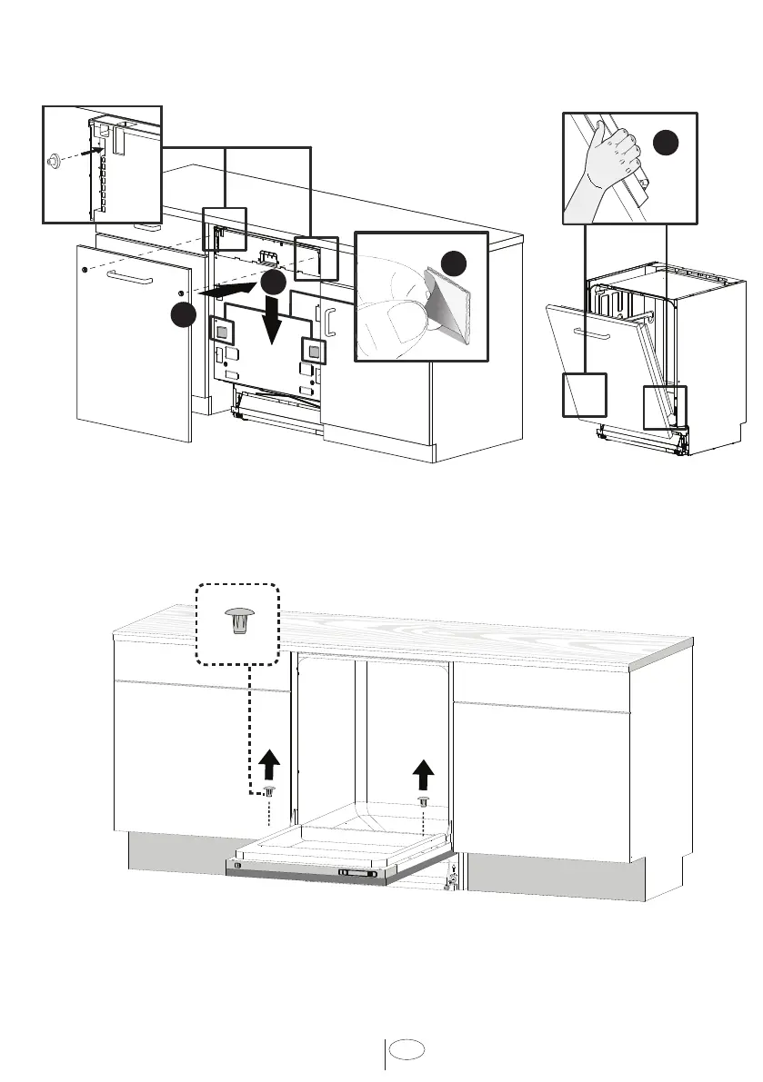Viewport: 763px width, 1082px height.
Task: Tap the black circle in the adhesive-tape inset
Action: coord(455,263)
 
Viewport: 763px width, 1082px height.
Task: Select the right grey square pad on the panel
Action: coord(312,348)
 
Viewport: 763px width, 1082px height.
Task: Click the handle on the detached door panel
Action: coord(125,273)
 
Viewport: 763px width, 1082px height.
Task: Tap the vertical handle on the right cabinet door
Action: coord(331,323)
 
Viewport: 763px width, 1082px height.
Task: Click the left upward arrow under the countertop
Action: coord(269,765)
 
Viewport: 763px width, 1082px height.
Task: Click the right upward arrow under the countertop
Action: coord(423,774)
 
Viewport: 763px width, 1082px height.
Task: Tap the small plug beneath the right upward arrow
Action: coord(423,800)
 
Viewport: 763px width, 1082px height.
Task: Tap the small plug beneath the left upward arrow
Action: coord(269,792)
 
